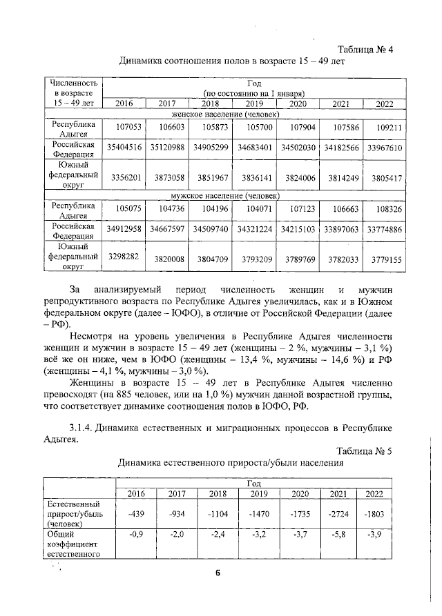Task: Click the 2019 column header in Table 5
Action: [x=258, y=493]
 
